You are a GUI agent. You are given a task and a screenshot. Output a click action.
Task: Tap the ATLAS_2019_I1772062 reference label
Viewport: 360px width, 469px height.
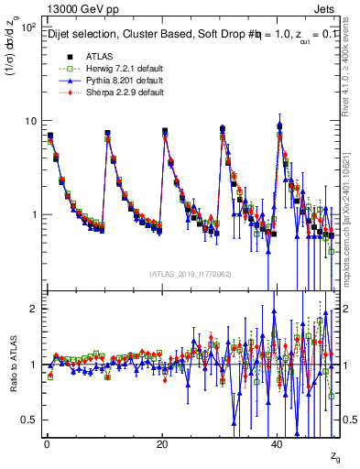pyautogui.click(x=191, y=273)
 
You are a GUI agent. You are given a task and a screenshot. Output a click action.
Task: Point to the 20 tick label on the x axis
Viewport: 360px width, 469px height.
pyautogui.click(x=161, y=442)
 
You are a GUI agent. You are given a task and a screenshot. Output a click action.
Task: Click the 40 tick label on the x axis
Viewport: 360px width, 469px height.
pyautogui.click(x=278, y=442)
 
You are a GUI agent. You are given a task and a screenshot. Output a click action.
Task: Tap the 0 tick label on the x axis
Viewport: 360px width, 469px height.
pyautogui.click(x=46, y=442)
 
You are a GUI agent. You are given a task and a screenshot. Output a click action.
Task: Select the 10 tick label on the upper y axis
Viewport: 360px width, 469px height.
pyautogui.click(x=30, y=121)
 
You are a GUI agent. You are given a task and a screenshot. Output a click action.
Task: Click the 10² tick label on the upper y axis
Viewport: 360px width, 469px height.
pyautogui.click(x=28, y=27)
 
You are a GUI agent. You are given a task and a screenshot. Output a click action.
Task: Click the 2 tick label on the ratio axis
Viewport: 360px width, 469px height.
pyautogui.click(x=34, y=309)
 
